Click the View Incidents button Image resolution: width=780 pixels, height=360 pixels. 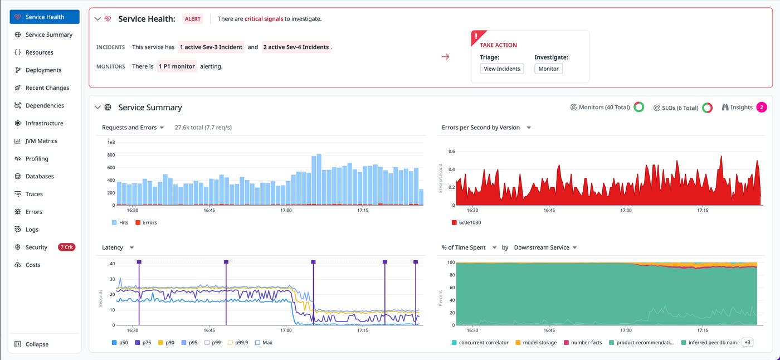[x=501, y=69]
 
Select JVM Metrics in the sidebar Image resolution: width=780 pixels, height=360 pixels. [x=41, y=141]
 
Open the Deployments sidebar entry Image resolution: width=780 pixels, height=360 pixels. [x=43, y=70]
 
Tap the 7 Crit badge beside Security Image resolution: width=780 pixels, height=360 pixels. [x=66, y=247]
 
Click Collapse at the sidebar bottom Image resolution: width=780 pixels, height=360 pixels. [x=36, y=344]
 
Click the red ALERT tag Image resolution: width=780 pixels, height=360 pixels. [x=193, y=19]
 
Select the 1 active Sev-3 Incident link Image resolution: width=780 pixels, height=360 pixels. [x=211, y=47]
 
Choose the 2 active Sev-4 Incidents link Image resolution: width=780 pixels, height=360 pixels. [x=296, y=47]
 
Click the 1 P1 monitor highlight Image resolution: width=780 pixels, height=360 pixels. [x=177, y=66]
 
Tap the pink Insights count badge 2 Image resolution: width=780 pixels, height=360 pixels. [x=761, y=108]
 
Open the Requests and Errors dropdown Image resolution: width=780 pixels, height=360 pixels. [x=133, y=128]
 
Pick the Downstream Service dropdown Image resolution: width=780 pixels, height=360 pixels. [x=545, y=247]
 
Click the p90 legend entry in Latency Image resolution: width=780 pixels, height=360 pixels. [x=167, y=343]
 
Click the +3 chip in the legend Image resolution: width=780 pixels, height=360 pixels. [x=747, y=342]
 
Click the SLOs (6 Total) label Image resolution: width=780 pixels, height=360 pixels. [x=679, y=108]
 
